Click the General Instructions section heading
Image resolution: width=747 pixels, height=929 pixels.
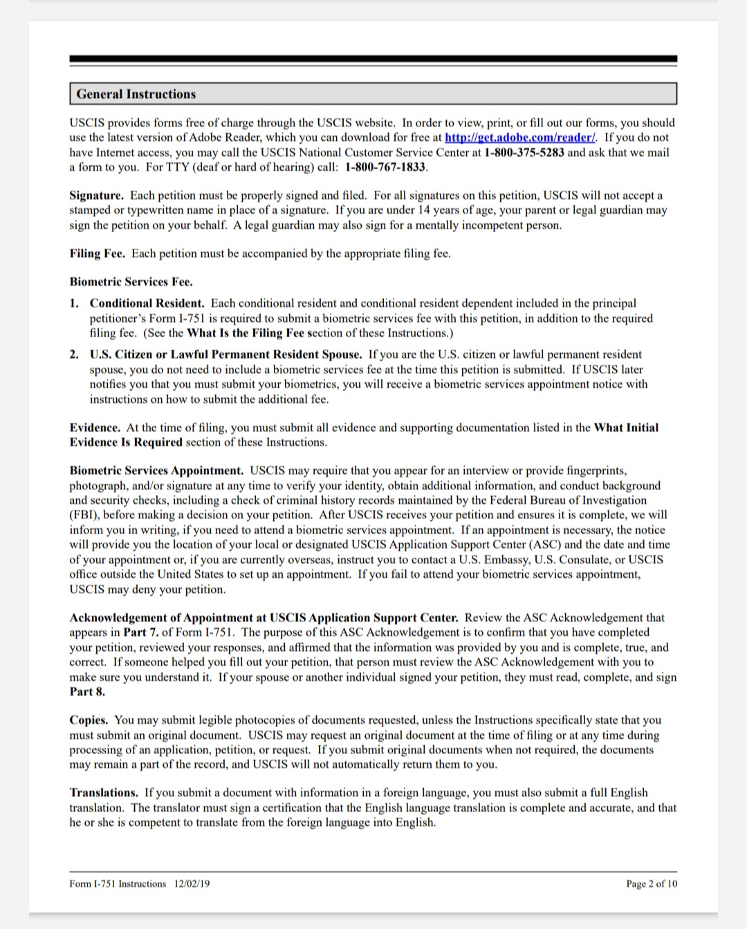136,94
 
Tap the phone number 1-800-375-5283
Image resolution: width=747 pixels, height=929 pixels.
524,152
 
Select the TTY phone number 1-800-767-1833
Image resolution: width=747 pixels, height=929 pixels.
386,167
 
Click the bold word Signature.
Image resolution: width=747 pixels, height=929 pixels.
96,196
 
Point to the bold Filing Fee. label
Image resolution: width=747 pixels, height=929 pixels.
98,254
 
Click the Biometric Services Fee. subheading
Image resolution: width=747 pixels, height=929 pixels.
131,282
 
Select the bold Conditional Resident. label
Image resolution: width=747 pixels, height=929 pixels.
147,303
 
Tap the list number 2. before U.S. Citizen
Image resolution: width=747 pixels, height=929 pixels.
74,355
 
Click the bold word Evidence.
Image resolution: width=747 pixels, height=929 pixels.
95,428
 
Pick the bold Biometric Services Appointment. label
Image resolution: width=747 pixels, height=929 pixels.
156,471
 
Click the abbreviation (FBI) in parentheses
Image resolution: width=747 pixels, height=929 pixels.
83,515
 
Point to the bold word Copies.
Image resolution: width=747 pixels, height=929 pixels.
89,720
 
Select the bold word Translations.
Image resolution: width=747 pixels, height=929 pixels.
104,793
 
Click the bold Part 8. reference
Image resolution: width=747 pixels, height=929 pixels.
87,692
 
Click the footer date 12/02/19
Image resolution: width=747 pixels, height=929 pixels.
192,884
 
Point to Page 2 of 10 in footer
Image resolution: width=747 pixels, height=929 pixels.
652,884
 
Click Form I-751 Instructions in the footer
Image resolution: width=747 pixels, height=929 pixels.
118,884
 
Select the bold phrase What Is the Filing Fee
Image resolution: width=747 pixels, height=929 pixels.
246,333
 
